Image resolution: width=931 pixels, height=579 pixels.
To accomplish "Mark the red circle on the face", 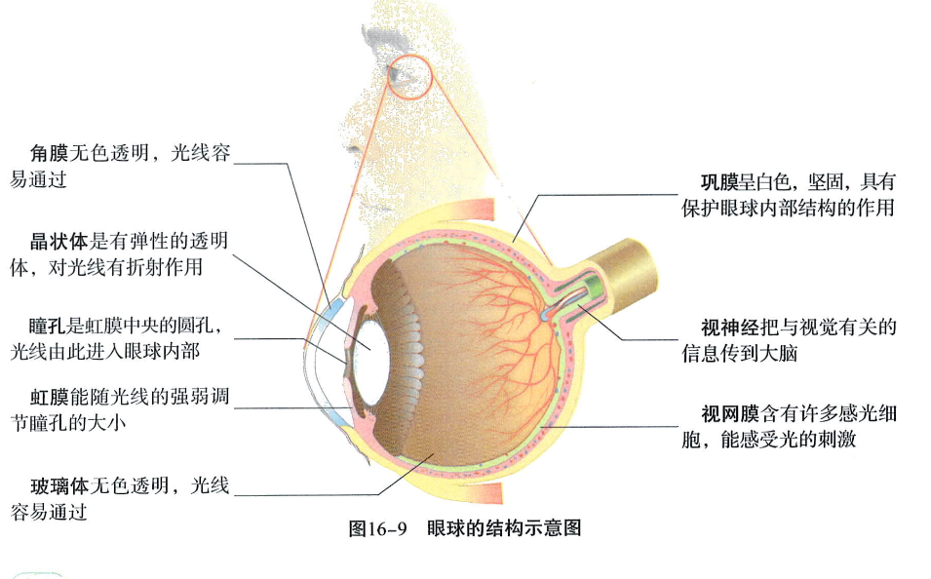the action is pyautogui.click(x=408, y=74).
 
